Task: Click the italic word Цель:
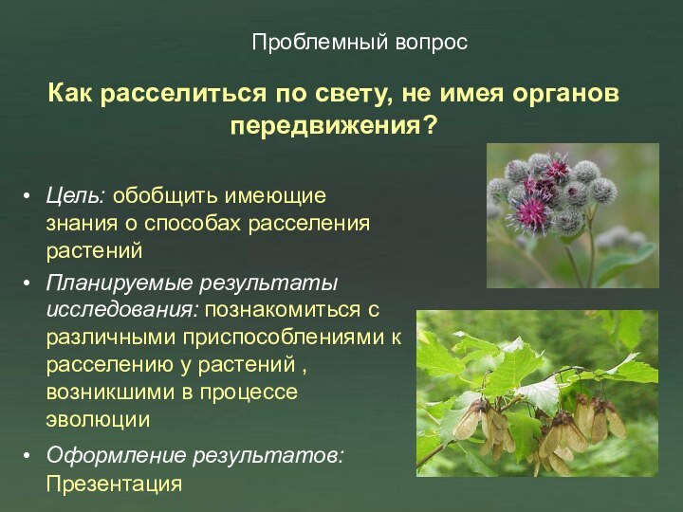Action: point(77,196)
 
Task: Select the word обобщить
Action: point(154,196)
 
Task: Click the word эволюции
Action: point(98,418)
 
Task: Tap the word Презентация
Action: point(113,484)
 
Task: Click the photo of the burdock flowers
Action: point(572,215)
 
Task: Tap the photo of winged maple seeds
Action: point(537,393)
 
